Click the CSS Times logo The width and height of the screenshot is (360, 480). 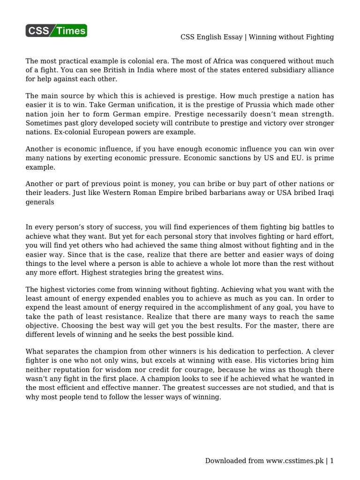(56, 31)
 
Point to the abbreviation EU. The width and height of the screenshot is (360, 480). (299, 158)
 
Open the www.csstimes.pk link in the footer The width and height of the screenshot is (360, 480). (296, 461)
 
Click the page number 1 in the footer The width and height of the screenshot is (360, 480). (332, 461)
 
